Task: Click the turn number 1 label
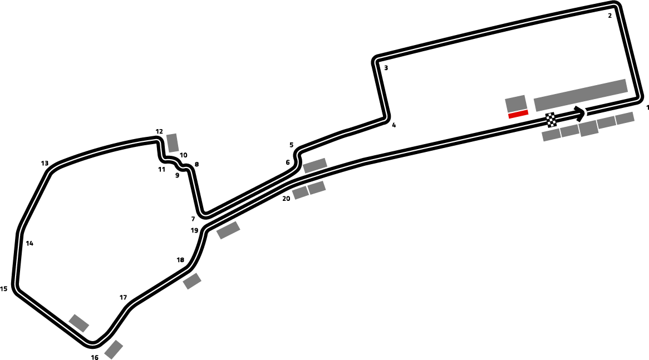(x=647, y=107)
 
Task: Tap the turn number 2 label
(x=609, y=16)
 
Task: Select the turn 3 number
(x=386, y=68)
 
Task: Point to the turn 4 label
(x=393, y=125)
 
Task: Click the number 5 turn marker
(x=291, y=145)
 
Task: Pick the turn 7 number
(x=193, y=219)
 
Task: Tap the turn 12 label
(x=159, y=132)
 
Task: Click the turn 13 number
(x=45, y=164)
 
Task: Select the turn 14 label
(x=29, y=243)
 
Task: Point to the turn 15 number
(x=4, y=289)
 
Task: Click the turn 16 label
(x=95, y=357)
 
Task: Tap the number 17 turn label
(x=123, y=298)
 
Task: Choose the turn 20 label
(x=286, y=198)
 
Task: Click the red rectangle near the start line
(x=518, y=114)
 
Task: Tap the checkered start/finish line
(x=551, y=120)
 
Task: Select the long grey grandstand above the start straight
(x=581, y=95)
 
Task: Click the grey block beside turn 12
(x=173, y=142)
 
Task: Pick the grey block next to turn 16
(x=114, y=349)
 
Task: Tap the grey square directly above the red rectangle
(x=515, y=103)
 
